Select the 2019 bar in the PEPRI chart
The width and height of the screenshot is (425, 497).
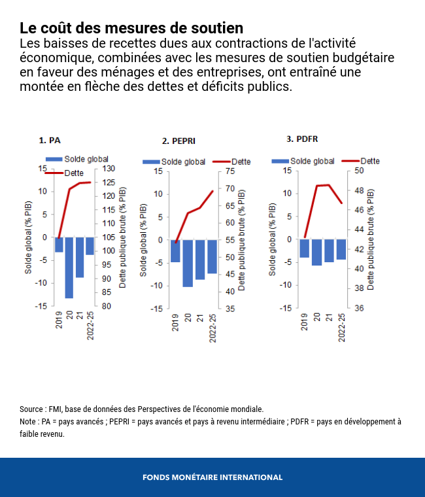coord(175,251)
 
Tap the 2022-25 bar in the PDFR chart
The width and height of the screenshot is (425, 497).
coord(341,250)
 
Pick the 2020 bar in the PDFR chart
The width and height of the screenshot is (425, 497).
coord(316,252)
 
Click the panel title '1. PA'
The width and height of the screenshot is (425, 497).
coord(50,140)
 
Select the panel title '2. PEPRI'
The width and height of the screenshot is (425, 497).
coord(178,141)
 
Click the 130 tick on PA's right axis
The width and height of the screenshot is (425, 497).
coord(110,168)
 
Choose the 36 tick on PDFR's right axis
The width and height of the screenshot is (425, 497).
coord(358,308)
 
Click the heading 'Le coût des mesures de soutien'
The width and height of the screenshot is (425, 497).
coord(131,28)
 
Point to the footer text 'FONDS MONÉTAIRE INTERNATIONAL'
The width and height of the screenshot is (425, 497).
coord(212,477)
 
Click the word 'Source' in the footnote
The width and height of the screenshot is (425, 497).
coord(31,409)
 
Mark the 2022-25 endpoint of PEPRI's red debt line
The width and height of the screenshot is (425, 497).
coord(213,191)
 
